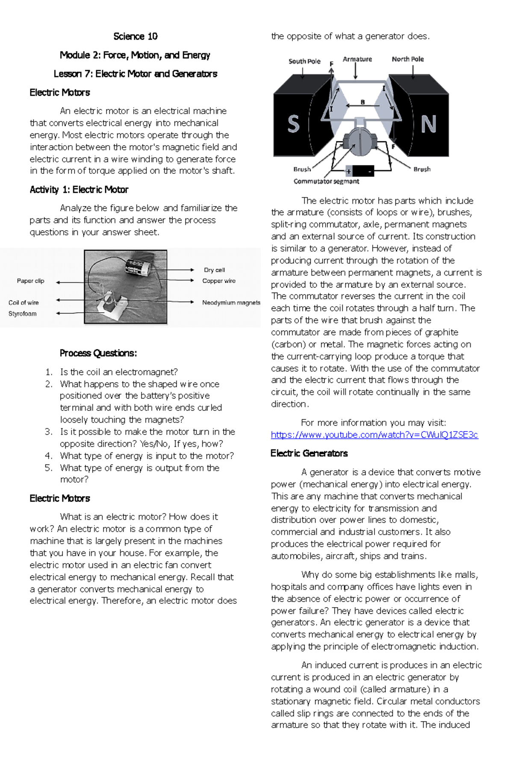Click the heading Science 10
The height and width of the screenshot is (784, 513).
point(135,36)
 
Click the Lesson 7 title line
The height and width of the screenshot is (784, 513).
point(135,74)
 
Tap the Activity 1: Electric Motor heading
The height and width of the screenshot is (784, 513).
point(79,190)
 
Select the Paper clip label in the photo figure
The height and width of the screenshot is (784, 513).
point(30,281)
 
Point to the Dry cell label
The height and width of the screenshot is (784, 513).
point(214,270)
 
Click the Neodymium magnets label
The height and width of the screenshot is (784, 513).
point(231,302)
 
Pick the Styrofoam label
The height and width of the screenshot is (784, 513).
point(22,314)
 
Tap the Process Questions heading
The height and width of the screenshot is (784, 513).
point(98,353)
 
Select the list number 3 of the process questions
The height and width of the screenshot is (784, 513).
point(48,432)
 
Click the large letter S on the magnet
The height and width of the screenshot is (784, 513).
point(293,124)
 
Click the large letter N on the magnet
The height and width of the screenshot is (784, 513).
point(428,124)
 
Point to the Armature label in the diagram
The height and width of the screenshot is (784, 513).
point(357,59)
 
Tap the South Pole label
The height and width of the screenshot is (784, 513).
point(304,61)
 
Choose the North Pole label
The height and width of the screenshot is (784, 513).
point(408,59)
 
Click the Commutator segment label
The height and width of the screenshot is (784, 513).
point(326,182)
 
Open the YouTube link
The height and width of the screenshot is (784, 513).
point(374,435)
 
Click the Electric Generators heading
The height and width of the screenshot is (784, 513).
point(309,453)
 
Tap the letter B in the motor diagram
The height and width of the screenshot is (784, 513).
point(363,102)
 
